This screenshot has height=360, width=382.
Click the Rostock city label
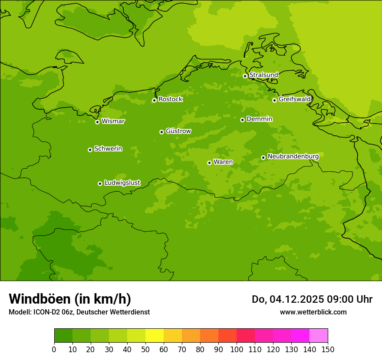170,99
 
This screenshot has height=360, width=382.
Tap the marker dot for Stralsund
245,76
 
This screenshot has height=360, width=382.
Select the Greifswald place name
294,99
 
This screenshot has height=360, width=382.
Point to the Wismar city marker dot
97,122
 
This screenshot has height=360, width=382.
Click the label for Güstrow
178,131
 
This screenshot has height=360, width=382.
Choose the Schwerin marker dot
90,150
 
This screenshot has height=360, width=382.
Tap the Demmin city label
259,119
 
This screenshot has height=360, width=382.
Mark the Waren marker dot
209,163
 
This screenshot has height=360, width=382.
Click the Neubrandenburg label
293,156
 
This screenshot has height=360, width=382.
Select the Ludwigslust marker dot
100,183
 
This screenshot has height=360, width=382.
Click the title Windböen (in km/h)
70,299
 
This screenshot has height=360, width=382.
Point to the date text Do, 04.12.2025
288,299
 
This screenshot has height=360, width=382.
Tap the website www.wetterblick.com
313,312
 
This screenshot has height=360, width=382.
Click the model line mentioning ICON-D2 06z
79,312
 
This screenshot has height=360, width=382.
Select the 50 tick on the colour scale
145,349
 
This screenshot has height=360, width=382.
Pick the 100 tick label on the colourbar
237,349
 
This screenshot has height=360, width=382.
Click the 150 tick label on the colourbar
328,349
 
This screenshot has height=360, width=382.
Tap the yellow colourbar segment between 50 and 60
155,336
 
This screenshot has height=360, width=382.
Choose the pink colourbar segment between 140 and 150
319,336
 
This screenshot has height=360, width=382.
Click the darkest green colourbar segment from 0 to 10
63,336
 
